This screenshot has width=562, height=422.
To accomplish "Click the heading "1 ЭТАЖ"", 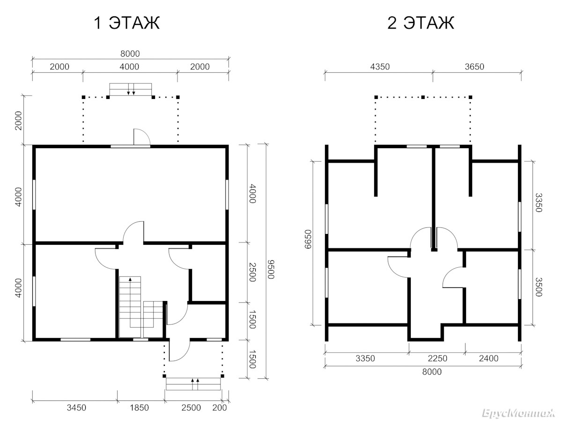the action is coord(127,23).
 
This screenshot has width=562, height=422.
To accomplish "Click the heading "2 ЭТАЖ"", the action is coord(421,23).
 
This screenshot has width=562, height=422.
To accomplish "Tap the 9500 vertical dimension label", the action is coord(271,269).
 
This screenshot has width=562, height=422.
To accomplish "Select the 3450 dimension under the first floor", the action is coord(76,407).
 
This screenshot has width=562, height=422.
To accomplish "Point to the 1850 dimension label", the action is coord(139,407).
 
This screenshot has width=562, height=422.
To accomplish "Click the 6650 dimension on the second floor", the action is coord(308,239).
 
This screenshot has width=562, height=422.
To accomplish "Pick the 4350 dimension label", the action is coord(380,67).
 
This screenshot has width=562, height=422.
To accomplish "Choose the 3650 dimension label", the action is coord(474,67).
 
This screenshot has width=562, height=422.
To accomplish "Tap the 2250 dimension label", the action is coord(437,358).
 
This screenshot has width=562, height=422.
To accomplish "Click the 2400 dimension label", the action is coord(489,358).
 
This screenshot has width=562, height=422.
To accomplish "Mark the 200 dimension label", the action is coord(220,407).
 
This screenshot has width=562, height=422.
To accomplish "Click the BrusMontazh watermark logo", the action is coord(518,413).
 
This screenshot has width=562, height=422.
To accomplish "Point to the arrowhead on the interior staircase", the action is coord(130,279).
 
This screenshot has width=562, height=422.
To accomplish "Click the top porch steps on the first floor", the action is coord(131,90).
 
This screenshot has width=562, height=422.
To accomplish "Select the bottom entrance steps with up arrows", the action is coord(193,384).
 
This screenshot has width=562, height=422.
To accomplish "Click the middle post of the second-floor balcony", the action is coord(423,97).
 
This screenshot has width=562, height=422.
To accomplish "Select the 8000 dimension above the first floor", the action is coord(130,53).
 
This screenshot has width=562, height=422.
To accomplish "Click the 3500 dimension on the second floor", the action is coord(539,287).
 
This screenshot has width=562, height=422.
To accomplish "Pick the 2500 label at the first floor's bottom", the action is coord(191,407).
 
